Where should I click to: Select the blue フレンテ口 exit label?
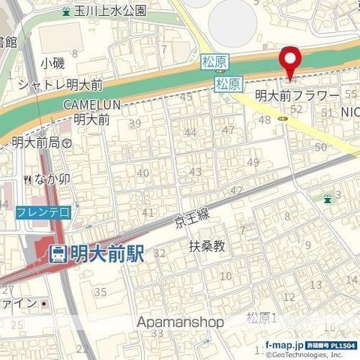click(43, 213)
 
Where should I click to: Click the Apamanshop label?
click(181, 322)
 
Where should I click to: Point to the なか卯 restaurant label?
click(52, 179)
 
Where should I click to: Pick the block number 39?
click(136, 124)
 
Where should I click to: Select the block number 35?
click(100, 292)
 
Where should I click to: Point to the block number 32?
click(159, 253)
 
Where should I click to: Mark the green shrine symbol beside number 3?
click(327, 198)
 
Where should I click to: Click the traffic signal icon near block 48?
click(283, 118)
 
